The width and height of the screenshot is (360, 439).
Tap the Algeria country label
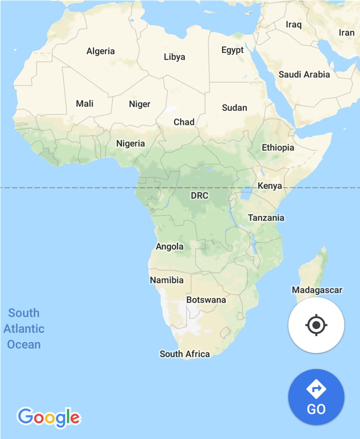point(100,51)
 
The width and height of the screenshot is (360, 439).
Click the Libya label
point(174,57)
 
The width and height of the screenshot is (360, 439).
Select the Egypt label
point(232,50)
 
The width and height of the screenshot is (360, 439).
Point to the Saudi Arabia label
point(304,75)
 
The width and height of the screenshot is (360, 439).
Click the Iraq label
point(294,24)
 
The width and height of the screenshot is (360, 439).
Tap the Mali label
point(85,103)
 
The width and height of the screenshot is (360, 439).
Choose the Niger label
point(139,104)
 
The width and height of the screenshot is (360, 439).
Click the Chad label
point(184,122)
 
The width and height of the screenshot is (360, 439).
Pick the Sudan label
point(235,107)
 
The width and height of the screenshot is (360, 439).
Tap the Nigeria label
point(131,143)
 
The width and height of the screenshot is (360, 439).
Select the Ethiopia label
point(278,148)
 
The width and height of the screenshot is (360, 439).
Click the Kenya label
point(270,186)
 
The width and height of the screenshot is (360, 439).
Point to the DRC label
point(200,196)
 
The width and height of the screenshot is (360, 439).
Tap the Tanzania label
point(266,217)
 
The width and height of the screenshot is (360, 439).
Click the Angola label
point(170,246)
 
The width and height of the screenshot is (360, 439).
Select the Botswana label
point(206,300)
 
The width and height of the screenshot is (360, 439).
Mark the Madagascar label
point(317,290)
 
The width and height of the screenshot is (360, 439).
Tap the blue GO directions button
point(316,397)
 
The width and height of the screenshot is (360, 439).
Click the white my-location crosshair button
point(316,325)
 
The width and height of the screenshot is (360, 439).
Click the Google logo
point(49,417)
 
